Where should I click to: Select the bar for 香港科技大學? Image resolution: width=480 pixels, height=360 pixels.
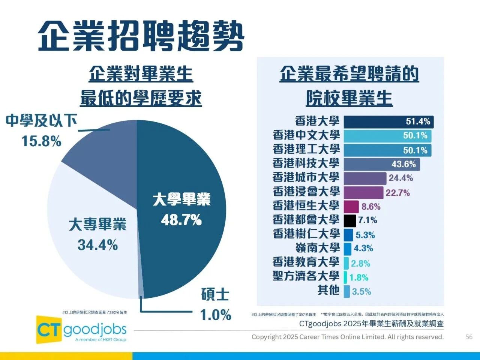[381, 164]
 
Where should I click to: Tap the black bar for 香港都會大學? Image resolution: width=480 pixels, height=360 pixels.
[350, 220]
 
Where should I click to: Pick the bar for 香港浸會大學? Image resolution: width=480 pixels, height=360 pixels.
[363, 192]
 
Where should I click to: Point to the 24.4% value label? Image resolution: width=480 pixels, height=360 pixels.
[400, 178]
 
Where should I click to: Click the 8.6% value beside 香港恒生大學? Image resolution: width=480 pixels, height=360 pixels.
[371, 207]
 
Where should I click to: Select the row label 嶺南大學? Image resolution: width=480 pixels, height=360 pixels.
[317, 248]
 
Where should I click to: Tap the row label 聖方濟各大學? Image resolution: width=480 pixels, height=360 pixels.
[306, 276]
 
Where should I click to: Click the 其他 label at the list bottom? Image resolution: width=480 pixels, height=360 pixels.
[328, 290]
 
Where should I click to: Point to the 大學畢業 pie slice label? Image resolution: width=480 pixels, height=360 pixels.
[181, 199]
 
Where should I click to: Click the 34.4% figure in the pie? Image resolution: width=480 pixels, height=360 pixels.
[97, 245]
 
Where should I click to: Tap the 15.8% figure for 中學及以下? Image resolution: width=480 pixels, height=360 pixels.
[41, 141]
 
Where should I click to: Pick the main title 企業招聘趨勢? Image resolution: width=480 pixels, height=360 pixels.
[141, 36]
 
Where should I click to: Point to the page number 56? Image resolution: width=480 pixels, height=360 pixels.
[469, 337]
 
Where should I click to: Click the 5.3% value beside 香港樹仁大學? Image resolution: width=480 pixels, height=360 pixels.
[365, 235]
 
